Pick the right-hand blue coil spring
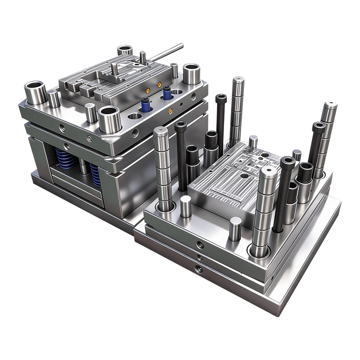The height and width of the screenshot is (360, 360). tap(95, 173)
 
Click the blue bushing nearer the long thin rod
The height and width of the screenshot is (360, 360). tap(167, 93)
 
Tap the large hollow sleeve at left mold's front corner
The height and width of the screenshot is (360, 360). tap(109, 119)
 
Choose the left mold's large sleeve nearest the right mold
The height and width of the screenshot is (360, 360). tap(191, 74)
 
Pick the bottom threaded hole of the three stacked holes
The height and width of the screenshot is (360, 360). tap(198, 270)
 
